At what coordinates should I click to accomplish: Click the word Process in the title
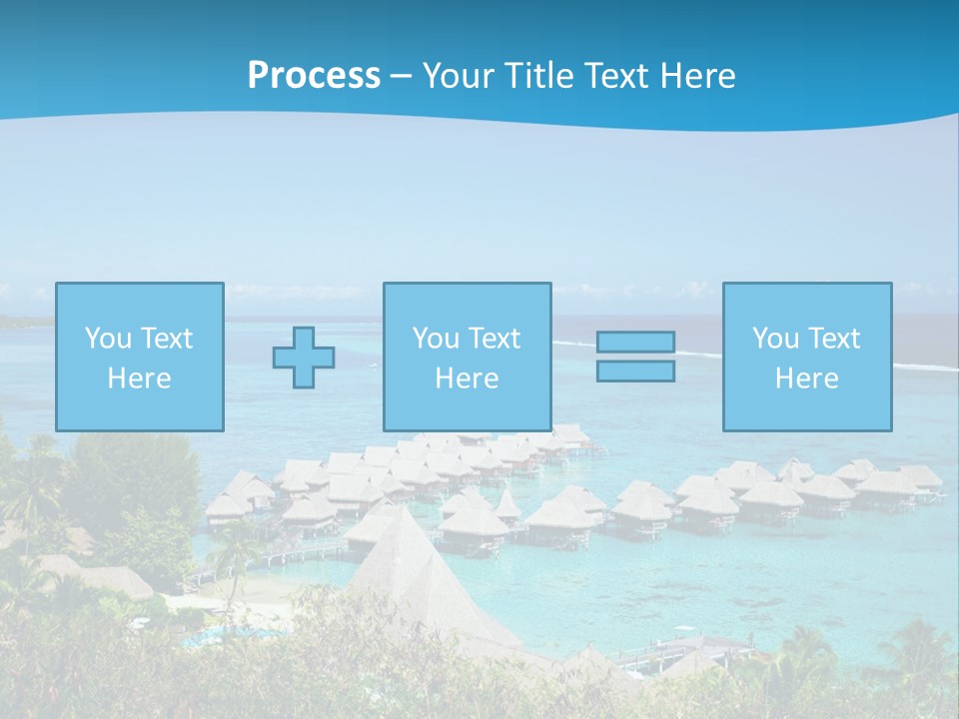click(x=314, y=76)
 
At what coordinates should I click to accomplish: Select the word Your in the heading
click(x=456, y=76)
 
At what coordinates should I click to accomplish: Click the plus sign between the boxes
click(x=304, y=358)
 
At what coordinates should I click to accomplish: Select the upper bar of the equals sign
click(x=635, y=342)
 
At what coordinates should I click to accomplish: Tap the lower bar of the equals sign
click(x=635, y=371)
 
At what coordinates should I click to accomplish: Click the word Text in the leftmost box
click(x=166, y=339)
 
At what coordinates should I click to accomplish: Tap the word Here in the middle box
click(x=467, y=378)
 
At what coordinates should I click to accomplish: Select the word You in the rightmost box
click(x=774, y=339)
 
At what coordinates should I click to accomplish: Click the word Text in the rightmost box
click(x=834, y=339)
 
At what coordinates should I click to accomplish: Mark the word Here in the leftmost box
click(x=139, y=378)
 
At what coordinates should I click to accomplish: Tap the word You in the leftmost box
click(x=107, y=339)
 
